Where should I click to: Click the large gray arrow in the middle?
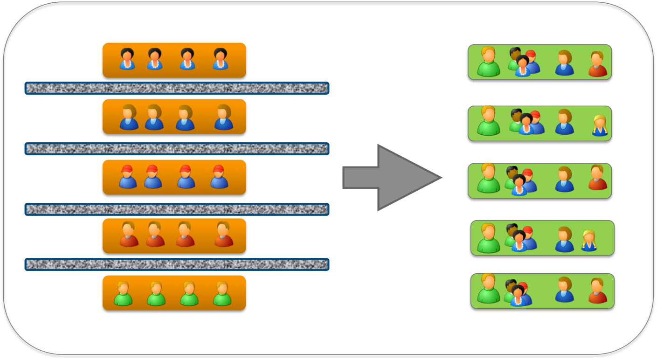392,178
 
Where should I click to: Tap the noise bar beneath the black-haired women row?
177,88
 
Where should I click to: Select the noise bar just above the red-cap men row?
177,149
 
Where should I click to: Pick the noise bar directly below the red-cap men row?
177,209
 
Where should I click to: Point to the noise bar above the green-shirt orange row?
177,264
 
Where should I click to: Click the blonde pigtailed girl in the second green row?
599,125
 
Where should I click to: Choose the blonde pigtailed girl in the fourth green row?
589,241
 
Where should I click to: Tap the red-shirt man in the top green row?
597,64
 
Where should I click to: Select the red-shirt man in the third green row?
597,178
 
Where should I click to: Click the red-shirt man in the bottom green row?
597,291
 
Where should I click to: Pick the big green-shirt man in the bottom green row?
488,289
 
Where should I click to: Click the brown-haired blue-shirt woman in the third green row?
564,180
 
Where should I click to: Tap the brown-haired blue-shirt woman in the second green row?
564,122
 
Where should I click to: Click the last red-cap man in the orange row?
219,177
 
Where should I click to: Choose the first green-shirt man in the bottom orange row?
123,294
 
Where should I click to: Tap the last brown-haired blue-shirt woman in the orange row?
223,117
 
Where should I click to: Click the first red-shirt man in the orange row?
129,235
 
